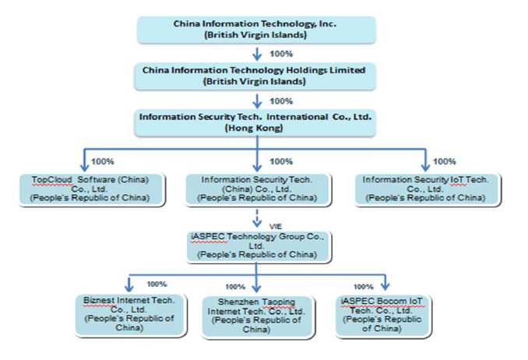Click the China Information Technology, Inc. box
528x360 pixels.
click(256, 28)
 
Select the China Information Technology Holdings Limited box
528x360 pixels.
click(256, 75)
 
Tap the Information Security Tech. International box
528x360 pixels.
click(256, 121)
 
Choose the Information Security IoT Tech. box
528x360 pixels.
click(426, 189)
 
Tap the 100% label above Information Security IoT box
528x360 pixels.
click(444, 161)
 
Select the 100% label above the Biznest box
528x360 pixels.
click(157, 284)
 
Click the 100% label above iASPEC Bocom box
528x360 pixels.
click(364, 287)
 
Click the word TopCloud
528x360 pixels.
click(51, 178)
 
